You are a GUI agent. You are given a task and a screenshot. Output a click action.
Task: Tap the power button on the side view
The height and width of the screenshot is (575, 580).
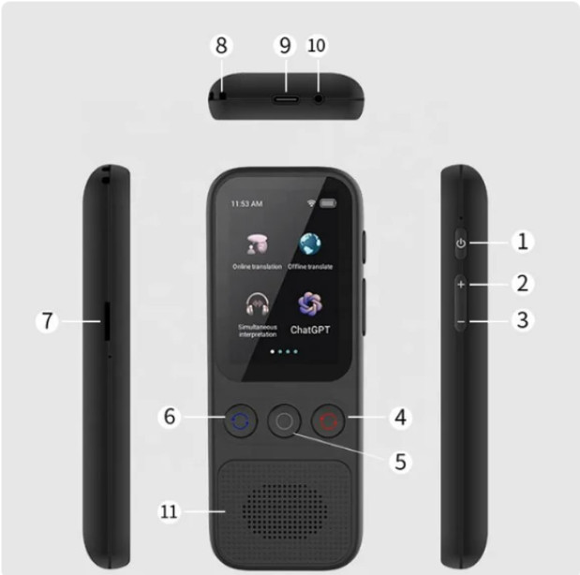click(460, 243)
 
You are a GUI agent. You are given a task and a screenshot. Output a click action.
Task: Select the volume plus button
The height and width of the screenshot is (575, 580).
click(460, 283)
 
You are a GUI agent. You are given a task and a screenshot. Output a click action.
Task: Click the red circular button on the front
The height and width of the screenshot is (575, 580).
click(329, 421)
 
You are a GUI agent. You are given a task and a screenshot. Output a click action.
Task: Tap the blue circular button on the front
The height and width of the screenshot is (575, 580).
click(241, 421)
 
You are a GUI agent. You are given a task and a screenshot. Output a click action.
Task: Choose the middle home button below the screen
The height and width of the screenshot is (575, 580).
click(285, 422)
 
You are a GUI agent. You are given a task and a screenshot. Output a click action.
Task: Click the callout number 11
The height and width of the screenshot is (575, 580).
click(169, 511)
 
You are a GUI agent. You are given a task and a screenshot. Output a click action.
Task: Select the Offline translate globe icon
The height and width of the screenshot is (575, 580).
click(310, 244)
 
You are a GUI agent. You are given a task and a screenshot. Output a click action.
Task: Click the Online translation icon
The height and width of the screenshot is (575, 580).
click(257, 244)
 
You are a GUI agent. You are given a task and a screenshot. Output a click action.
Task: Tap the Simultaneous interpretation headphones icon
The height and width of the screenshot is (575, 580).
click(257, 304)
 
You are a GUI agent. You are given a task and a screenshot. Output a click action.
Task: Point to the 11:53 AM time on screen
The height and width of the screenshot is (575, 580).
click(246, 203)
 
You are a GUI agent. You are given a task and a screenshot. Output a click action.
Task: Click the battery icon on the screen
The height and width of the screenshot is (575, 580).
click(327, 202)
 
